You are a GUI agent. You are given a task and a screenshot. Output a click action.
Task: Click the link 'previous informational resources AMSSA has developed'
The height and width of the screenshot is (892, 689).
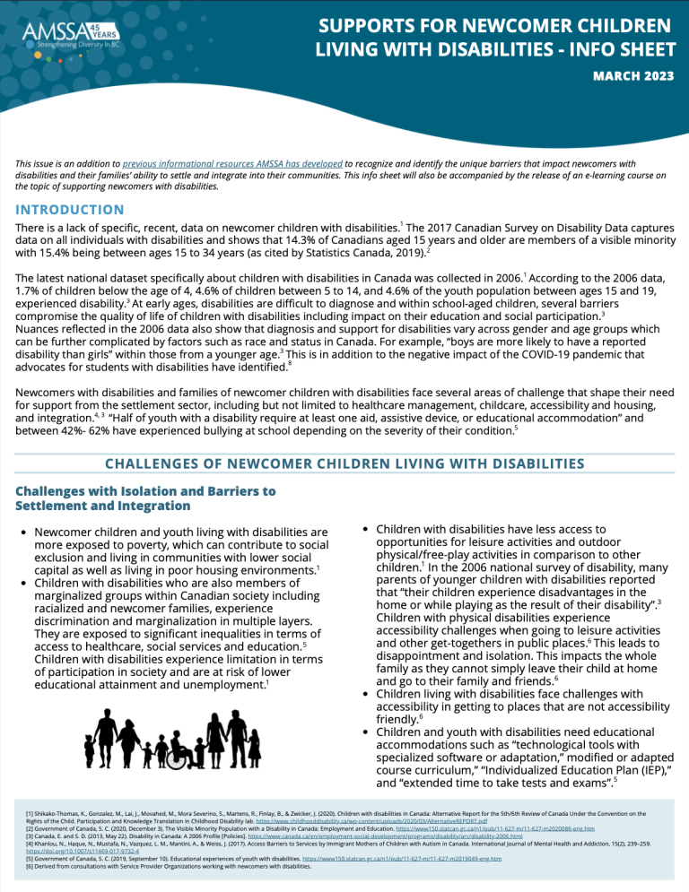(232, 163)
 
